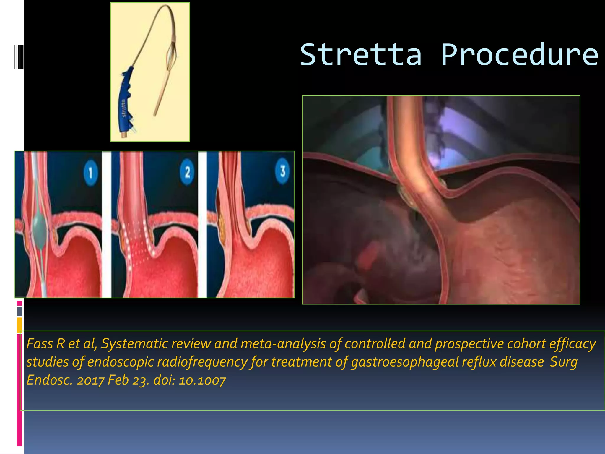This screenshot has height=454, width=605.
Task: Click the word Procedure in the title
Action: click(x=520, y=55)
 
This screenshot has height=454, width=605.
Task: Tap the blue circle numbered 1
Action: click(x=90, y=173)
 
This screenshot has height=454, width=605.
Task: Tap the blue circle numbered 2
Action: click(x=187, y=172)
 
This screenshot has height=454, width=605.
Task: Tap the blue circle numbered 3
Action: click(x=282, y=171)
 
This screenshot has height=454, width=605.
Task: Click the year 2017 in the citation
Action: click(x=90, y=380)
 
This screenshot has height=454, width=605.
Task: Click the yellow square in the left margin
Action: click(x=19, y=325)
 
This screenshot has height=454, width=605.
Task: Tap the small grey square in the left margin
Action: click(x=19, y=311)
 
